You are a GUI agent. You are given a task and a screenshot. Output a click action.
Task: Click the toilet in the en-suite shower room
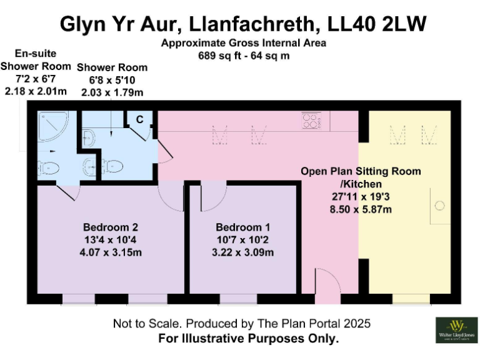(48, 167)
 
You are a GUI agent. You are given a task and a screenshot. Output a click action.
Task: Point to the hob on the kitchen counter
(311, 121)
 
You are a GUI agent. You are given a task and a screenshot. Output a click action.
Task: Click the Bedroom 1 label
(243, 227)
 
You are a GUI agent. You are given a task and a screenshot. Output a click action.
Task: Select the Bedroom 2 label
(110, 227)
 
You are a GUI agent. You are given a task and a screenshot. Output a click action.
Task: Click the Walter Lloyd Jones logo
(456, 329)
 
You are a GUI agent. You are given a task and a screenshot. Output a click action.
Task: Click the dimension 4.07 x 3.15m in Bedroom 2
(110, 252)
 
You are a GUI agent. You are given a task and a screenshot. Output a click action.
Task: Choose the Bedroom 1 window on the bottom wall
(238, 299)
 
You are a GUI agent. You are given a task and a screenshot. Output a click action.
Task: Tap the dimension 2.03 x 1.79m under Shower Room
(112, 92)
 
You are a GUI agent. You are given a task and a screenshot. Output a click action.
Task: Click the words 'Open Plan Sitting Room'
(361, 171)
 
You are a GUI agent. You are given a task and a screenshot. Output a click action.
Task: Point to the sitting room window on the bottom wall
(411, 299)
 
